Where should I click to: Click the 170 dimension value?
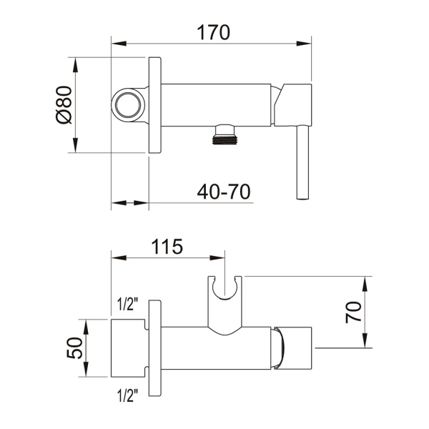click(213, 33)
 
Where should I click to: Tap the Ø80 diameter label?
click(64, 105)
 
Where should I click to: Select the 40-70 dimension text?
click(224, 192)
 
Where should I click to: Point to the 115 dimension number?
click(167, 247)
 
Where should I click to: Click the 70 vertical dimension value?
click(353, 312)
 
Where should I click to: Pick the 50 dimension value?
click(74, 347)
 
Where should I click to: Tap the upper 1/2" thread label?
click(127, 304)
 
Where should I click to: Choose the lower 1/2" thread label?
click(127, 395)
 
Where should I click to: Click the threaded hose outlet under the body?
click(225, 134)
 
